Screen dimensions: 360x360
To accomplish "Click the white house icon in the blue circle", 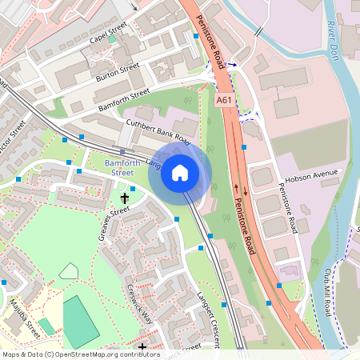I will tap(180, 173).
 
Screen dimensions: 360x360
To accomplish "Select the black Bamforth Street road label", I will tap(123, 100).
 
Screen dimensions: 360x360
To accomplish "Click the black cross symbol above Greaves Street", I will tap(125, 196).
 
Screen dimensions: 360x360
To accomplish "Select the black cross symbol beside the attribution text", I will tap(142, 347).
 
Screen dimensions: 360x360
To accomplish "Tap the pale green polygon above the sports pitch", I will tap(70, 270).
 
